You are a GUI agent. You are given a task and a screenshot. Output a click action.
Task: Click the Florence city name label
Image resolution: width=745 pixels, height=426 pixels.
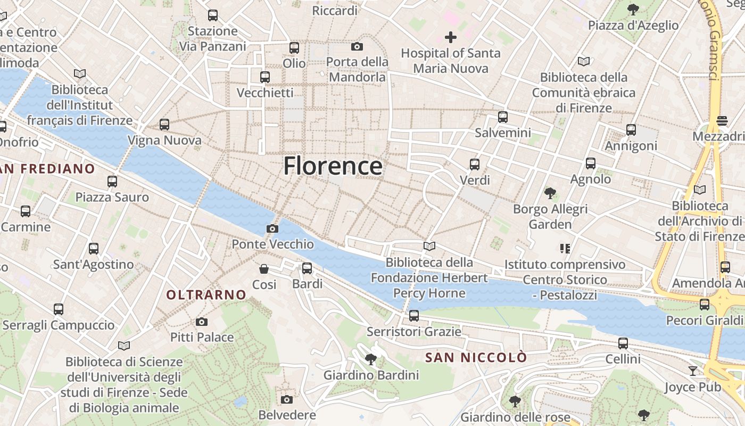click(333, 166)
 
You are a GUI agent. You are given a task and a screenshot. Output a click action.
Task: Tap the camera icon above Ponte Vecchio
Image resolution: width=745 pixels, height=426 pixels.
click(272, 228)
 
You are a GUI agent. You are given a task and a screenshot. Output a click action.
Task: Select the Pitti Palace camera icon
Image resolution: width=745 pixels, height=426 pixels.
click(201, 322)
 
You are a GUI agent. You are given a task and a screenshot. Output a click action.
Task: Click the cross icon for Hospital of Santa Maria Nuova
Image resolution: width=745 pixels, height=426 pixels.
click(451, 37)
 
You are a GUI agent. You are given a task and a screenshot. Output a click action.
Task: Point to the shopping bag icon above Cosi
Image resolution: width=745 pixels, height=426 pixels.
click(263, 269)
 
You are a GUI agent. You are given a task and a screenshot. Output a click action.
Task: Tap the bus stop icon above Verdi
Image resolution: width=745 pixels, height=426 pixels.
click(474, 165)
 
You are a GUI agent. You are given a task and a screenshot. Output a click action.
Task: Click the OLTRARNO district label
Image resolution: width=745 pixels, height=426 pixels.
click(206, 294)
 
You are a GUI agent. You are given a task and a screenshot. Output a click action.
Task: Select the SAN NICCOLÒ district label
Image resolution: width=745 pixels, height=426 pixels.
click(476, 357)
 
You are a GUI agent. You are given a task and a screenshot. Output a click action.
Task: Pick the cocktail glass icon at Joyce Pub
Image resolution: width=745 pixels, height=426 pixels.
click(692, 371)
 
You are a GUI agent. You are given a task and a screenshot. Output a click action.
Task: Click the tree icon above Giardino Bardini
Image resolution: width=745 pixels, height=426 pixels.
click(371, 359)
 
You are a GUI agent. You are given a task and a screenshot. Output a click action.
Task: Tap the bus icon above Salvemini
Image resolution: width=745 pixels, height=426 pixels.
click(502, 117)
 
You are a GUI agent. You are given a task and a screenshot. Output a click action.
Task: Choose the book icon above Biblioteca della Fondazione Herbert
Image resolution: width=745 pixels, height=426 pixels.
click(429, 246)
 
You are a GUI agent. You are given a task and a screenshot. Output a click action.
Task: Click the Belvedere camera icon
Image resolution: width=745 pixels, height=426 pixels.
click(286, 399)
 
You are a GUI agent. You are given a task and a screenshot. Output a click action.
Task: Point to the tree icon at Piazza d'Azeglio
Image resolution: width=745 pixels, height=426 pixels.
click(633, 9)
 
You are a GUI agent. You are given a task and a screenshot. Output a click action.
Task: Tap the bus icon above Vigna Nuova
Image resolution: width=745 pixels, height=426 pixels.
click(164, 125)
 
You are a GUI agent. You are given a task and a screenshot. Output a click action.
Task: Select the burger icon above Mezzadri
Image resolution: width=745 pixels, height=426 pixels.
click(722, 121)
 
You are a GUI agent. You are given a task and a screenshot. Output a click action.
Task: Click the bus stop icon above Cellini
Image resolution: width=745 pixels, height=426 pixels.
click(623, 343)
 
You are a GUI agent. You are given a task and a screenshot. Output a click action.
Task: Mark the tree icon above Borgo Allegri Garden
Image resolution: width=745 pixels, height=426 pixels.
click(550, 193)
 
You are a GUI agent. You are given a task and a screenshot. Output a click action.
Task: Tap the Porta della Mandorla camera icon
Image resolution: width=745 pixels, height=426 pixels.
click(357, 46)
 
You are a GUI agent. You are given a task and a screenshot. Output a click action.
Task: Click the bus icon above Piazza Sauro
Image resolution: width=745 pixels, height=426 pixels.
click(112, 182)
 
